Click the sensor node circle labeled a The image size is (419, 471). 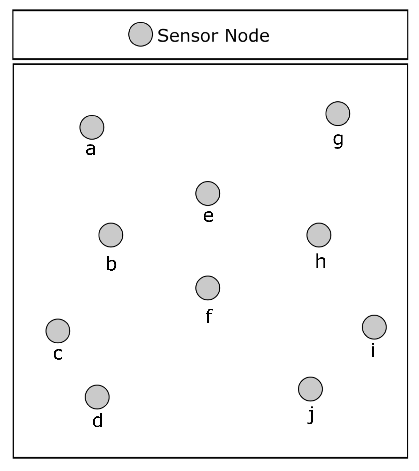[x=92, y=127]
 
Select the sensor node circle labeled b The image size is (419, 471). [x=111, y=235]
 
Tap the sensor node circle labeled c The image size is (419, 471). [x=58, y=331]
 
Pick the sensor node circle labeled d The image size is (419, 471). [x=97, y=397]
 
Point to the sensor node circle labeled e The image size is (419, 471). [x=208, y=193]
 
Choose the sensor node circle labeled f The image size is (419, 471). [x=208, y=288]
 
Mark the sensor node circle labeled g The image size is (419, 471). [x=338, y=114]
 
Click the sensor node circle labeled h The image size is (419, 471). [x=319, y=235]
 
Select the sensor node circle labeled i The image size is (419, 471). [x=374, y=327]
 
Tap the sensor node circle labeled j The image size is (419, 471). [x=310, y=389]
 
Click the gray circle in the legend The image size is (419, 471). [x=140, y=34]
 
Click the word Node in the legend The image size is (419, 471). [x=247, y=36]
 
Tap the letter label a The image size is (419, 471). [x=91, y=150]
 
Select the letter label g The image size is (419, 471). [x=338, y=140]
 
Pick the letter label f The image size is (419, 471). [x=209, y=316]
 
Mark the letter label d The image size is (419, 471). [x=97, y=420]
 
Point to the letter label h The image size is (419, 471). [x=320, y=261]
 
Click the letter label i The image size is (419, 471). [x=373, y=350]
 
